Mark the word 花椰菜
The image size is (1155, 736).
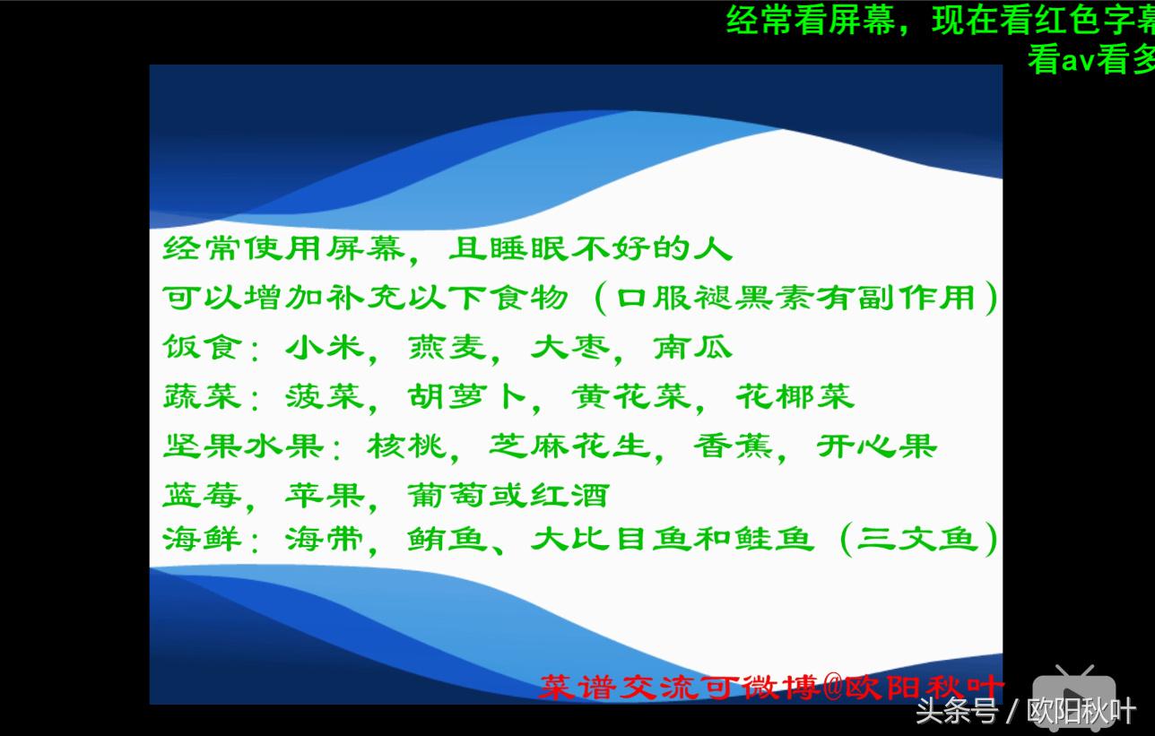[795, 396]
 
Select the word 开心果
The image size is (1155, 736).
[876, 446]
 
